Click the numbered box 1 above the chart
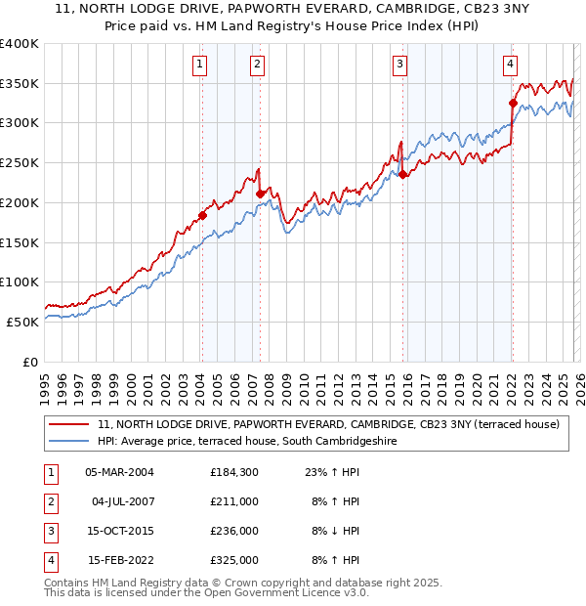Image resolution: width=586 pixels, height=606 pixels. (199, 65)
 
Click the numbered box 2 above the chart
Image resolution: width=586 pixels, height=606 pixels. (257, 65)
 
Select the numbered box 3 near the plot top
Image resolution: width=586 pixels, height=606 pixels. (400, 65)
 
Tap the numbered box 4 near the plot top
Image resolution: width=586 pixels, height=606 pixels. (510, 65)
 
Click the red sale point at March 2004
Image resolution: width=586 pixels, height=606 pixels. (202, 215)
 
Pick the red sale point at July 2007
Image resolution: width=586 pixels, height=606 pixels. (260, 194)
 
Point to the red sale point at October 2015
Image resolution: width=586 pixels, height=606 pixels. (403, 174)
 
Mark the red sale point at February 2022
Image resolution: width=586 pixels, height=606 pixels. (513, 103)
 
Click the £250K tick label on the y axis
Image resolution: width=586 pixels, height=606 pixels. (20, 162)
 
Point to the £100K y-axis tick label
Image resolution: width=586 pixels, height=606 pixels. (20, 281)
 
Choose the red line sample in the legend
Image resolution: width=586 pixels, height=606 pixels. (70, 425)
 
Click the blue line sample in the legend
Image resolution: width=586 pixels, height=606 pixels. (70, 442)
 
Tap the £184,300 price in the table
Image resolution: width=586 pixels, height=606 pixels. (233, 472)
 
